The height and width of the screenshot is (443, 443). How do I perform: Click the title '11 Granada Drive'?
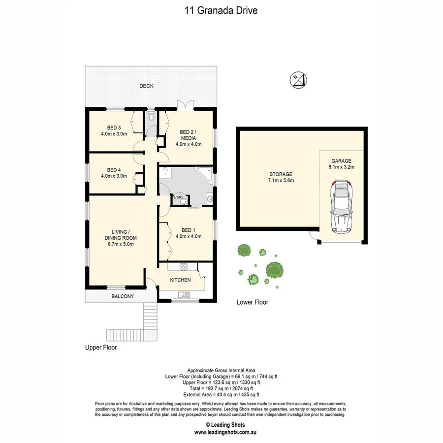tap(221, 10)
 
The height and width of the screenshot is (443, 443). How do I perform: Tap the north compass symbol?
tap(298, 79)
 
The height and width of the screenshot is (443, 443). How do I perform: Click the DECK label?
tap(146, 86)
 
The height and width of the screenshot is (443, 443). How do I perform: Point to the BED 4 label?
tap(114, 169)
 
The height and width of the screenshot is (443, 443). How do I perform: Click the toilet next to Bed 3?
tap(151, 117)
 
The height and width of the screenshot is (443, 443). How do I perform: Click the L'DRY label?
tap(179, 198)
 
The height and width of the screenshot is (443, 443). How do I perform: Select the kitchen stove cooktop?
tap(184, 267)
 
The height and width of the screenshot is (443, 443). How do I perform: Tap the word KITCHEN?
tap(180, 280)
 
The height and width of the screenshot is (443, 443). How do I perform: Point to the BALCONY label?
tap(122, 296)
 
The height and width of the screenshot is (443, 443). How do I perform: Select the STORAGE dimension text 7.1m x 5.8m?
tap(281, 181)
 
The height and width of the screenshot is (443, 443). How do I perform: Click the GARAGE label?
tap(341, 160)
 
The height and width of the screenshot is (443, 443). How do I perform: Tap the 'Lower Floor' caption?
tap(253, 302)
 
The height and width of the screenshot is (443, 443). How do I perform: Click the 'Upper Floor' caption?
tap(100, 347)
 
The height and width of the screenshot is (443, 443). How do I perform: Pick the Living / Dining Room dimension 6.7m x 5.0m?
tap(120, 244)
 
